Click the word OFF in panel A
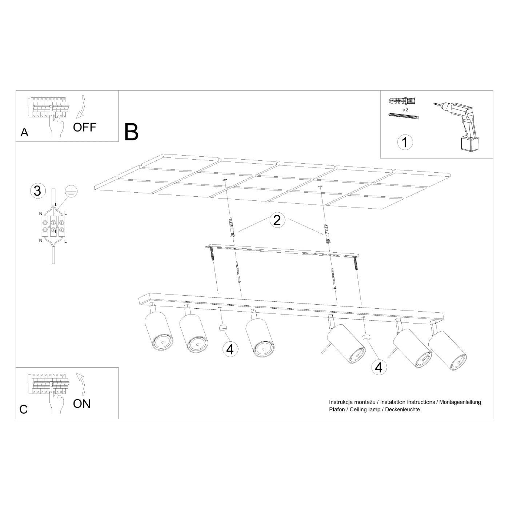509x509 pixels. [x=84, y=127]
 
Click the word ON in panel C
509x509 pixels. [x=81, y=404]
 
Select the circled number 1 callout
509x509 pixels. [x=405, y=143]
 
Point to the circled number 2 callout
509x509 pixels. [x=277, y=220]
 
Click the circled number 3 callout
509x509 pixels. [x=37, y=191]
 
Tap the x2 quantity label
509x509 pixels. [x=405, y=110]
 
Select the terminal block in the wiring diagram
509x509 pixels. [x=53, y=226]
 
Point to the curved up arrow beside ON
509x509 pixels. [x=82, y=385]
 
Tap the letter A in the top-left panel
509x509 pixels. [x=24, y=132]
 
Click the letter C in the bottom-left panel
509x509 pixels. [x=24, y=409]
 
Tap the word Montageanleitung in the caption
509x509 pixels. [x=460, y=402]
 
